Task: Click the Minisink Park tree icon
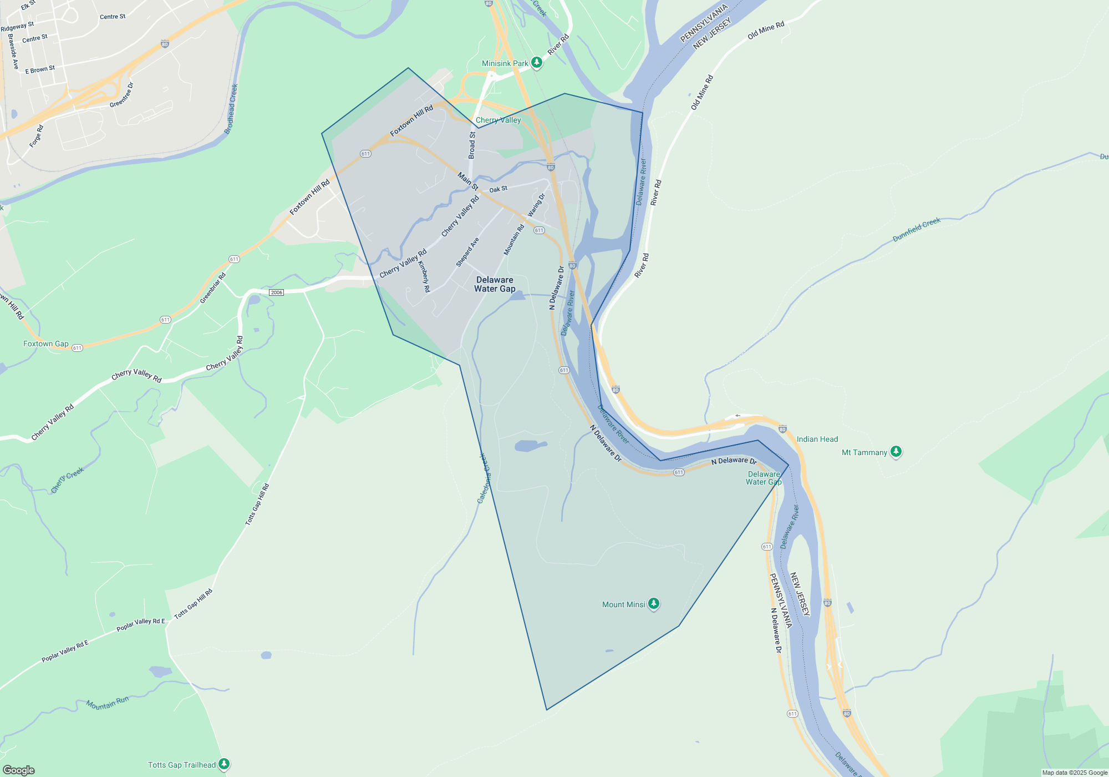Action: [x=536, y=62]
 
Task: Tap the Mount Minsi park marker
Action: [x=654, y=603]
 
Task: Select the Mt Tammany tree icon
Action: [x=896, y=451]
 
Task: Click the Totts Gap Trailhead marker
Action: [x=223, y=764]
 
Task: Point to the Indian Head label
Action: [x=817, y=439]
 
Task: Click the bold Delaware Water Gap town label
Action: [x=495, y=284]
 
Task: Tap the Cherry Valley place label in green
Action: [x=498, y=120]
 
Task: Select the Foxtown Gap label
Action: [x=46, y=344]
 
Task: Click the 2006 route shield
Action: [x=276, y=292]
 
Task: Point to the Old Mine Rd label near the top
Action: [x=766, y=30]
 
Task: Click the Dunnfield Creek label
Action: [x=916, y=229]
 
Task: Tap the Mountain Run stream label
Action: [x=107, y=703]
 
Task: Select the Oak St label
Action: [x=498, y=189]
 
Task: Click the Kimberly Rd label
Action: [x=424, y=276]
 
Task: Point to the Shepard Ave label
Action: [x=467, y=252]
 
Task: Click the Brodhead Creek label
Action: [x=231, y=109]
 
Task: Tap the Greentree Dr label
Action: [x=122, y=95]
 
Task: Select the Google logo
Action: [x=19, y=770]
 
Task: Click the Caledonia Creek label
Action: [x=484, y=478]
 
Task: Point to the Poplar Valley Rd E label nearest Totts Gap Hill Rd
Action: [x=140, y=624]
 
